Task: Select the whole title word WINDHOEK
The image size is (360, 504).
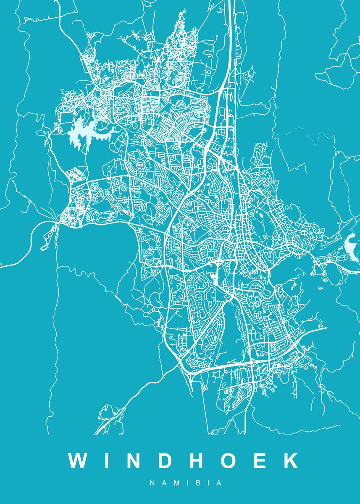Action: (x=184, y=461)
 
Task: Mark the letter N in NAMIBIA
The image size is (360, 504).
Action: (x=152, y=483)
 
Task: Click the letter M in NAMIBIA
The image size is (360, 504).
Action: (x=174, y=483)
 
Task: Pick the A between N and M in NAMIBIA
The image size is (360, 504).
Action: (x=163, y=483)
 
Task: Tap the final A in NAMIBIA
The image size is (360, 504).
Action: (x=219, y=483)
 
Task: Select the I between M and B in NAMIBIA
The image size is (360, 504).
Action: (x=185, y=483)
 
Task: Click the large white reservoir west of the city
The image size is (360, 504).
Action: (x=82, y=134)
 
